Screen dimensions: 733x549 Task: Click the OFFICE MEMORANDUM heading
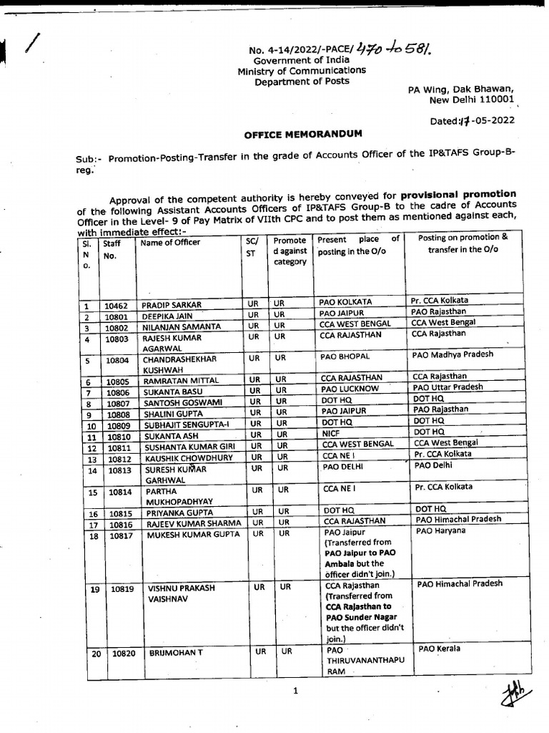pos(303,134)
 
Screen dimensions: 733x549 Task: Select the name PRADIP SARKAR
pos(172,305)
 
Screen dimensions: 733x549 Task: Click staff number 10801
pos(116,316)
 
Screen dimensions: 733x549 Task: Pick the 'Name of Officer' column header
pos(170,243)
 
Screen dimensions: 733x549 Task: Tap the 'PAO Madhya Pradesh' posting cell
pos(452,355)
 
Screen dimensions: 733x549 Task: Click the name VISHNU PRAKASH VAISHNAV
pos(181,593)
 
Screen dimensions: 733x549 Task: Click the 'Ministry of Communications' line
pos(302,71)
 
